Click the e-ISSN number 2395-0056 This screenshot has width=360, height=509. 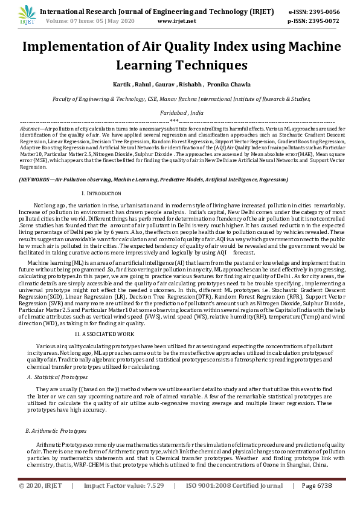[323, 11]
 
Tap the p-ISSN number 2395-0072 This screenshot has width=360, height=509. [323, 21]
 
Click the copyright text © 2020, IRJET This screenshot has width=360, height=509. [40, 485]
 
